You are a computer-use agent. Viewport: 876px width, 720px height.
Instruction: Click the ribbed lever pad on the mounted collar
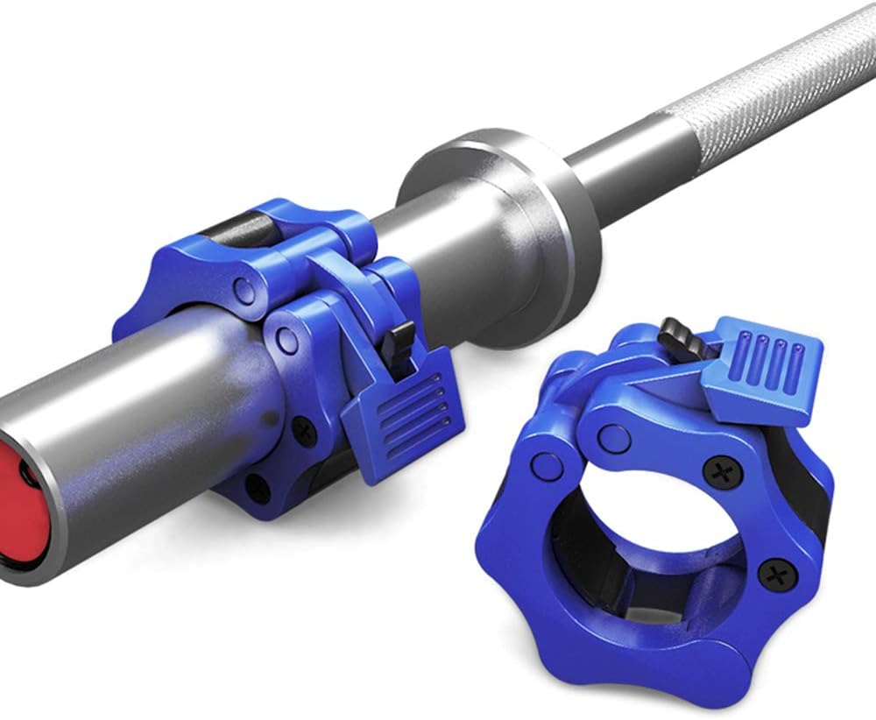[399, 412]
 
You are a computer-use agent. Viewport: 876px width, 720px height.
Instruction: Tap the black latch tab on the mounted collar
[403, 337]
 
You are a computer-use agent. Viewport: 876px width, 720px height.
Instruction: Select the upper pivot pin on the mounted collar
[247, 290]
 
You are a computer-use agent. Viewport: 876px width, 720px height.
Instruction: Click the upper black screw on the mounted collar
[304, 428]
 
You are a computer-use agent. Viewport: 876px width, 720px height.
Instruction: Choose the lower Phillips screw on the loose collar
[774, 575]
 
